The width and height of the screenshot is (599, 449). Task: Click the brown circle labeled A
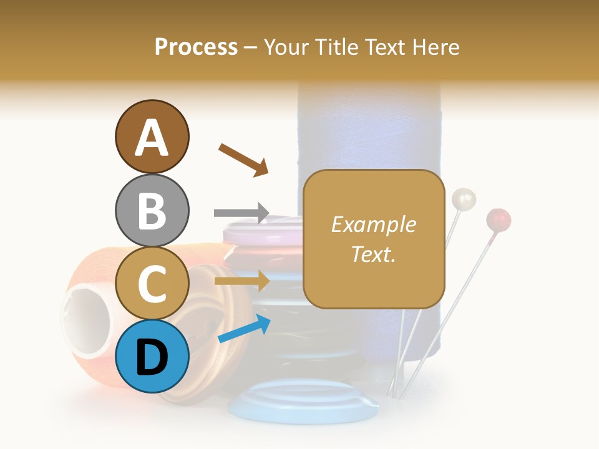tap(152, 137)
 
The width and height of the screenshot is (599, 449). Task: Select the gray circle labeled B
tap(152, 210)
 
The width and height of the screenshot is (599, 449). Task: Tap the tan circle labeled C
tap(152, 284)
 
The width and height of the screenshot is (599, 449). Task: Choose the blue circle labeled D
tap(152, 357)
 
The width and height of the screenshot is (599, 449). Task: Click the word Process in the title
tap(196, 47)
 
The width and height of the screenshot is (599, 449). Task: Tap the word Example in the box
tap(373, 224)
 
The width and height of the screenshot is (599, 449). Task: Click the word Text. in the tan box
tap(373, 254)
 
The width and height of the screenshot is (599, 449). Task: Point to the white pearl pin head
tap(464, 200)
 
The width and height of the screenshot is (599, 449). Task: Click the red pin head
tap(499, 220)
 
